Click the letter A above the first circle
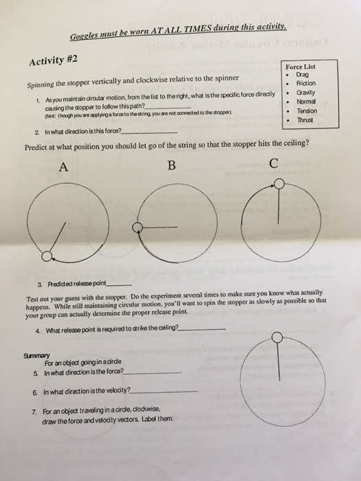pyautogui.click(x=64, y=166)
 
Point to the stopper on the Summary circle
pyautogui.click(x=276, y=337)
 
